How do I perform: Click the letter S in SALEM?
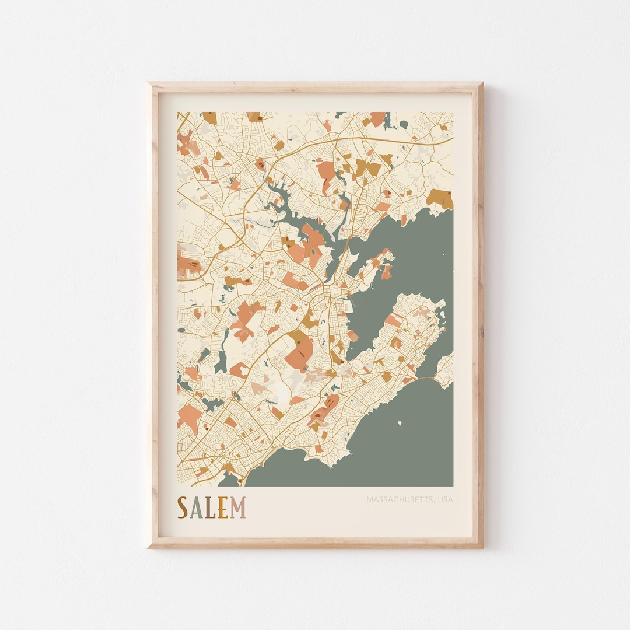coord(183,508)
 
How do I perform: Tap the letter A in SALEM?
coord(196,508)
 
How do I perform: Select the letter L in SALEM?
coord(209,508)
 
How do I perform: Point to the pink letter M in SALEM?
coord(237,508)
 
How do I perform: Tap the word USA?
coord(445,499)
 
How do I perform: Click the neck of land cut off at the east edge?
coord(446,370)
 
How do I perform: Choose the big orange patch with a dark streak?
coord(300,352)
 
